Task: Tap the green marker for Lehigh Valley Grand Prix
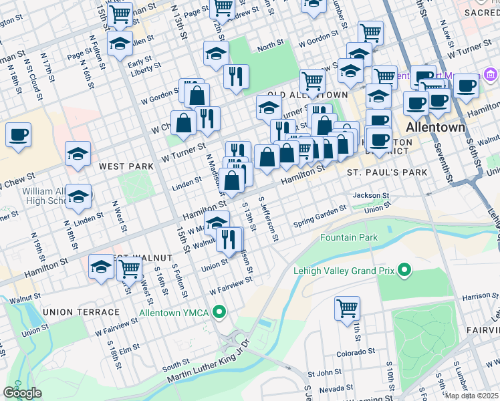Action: [404, 271]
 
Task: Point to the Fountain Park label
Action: [348, 237]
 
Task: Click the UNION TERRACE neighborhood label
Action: [80, 312]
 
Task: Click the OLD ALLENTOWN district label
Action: [307, 96]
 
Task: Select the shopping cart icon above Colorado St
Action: [347, 309]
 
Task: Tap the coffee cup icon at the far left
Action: [18, 134]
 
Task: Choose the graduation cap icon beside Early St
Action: [120, 44]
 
